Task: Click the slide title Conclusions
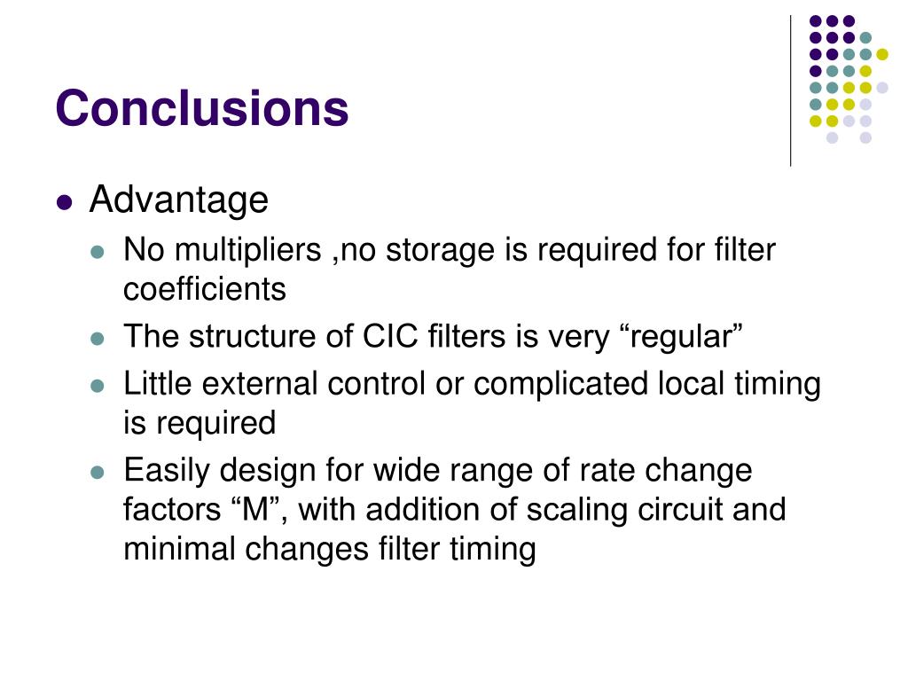(201, 108)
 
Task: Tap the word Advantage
(178, 200)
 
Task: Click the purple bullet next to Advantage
(63, 202)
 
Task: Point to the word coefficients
(205, 289)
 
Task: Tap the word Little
(159, 385)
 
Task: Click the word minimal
(177, 550)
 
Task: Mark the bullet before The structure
(98, 339)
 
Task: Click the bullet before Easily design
(98, 472)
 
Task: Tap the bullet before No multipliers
(98, 253)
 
